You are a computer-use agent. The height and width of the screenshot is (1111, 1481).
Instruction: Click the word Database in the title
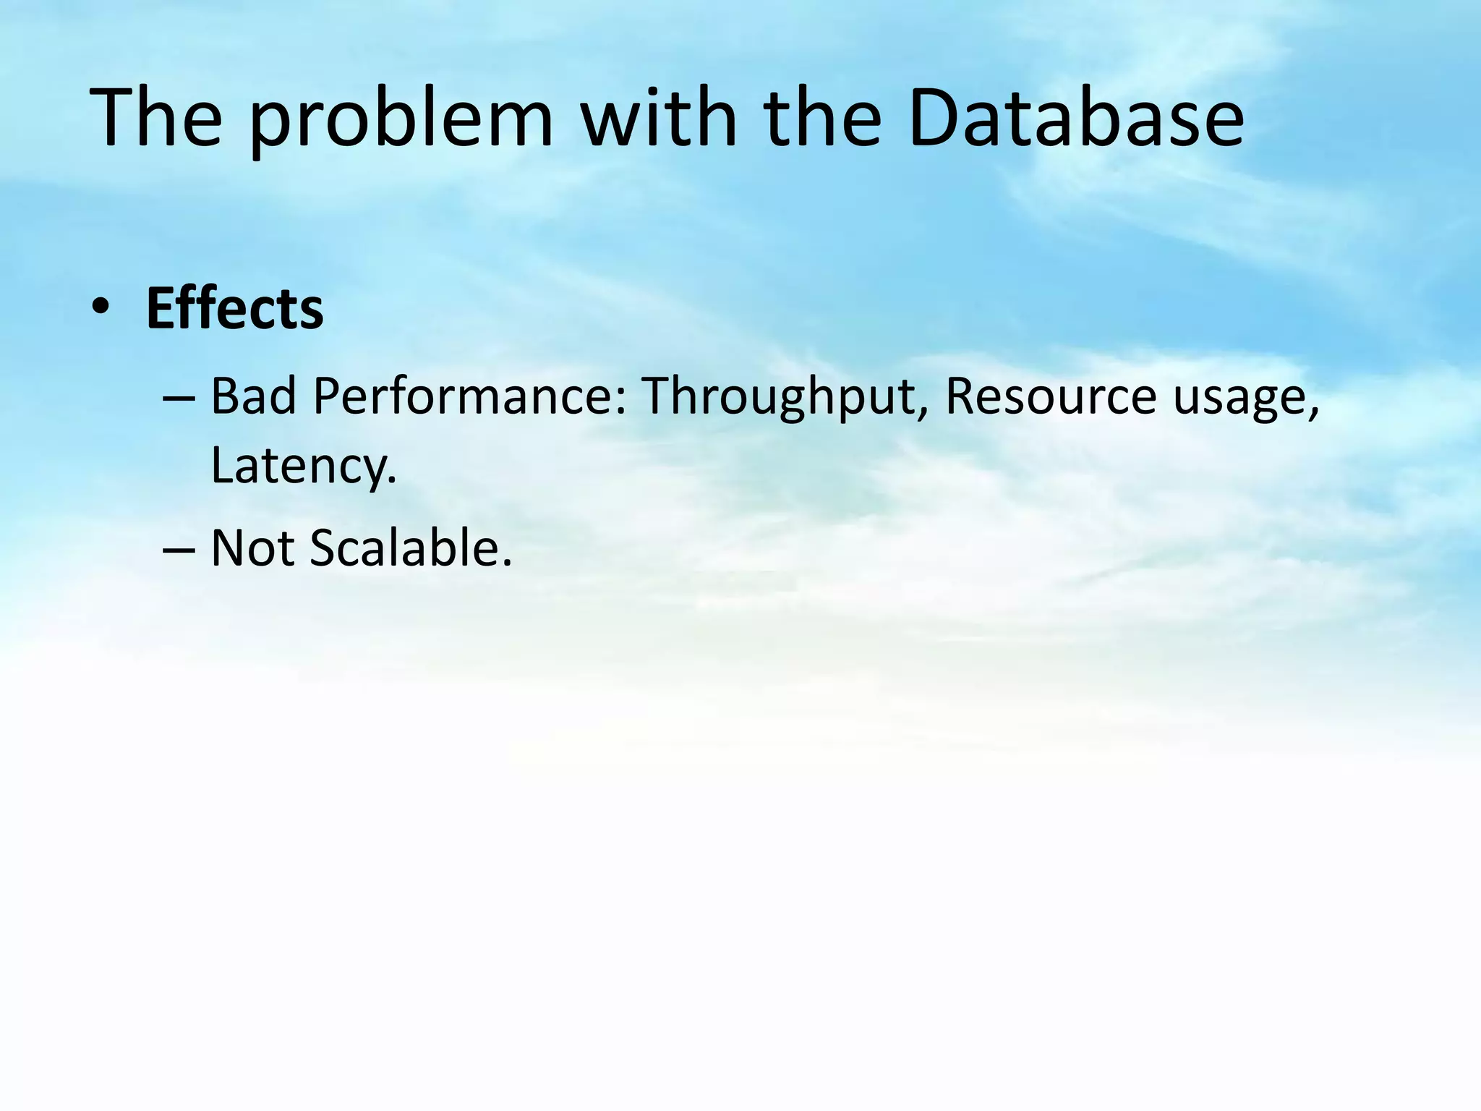(x=1075, y=118)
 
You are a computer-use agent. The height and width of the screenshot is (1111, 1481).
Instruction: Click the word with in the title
(x=659, y=118)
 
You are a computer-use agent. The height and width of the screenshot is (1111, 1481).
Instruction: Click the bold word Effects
(x=234, y=309)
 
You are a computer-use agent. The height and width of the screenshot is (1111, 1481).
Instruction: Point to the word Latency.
(x=304, y=465)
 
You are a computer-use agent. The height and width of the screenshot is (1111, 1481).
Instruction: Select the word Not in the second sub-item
(x=252, y=548)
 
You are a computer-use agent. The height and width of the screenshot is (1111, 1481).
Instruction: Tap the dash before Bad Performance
(x=179, y=399)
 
